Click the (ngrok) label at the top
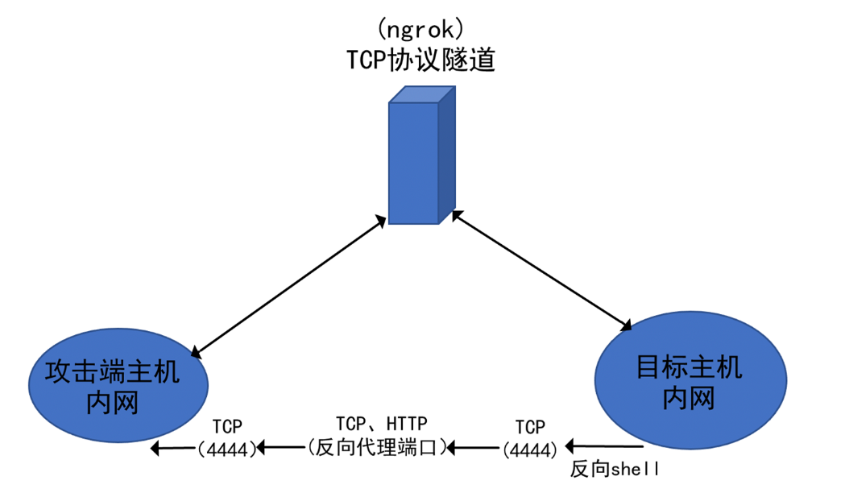tap(420, 31)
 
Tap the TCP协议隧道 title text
tap(420, 61)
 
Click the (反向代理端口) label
tap(377, 446)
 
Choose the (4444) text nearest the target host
tap(528, 448)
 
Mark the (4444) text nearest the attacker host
tap(227, 448)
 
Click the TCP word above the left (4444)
tap(228, 425)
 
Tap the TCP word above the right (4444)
tap(530, 426)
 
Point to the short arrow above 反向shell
tap(604, 445)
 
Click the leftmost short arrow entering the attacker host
tap(173, 448)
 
